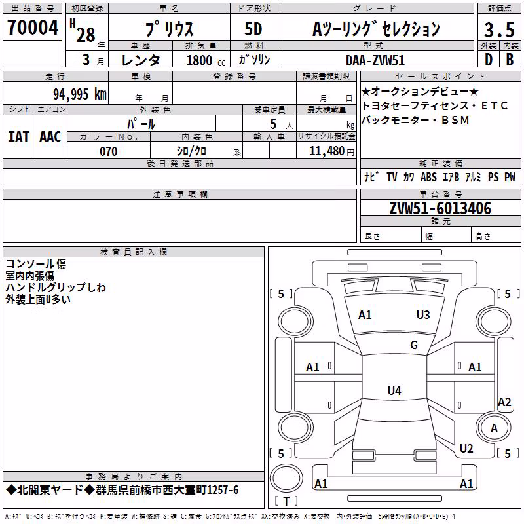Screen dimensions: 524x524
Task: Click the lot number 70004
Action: tap(33, 27)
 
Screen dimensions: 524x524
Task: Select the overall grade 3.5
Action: tap(499, 29)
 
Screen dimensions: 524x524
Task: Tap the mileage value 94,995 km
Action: tap(80, 94)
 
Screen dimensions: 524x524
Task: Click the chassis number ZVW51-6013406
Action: tap(440, 208)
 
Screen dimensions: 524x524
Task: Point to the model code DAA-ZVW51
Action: tap(375, 60)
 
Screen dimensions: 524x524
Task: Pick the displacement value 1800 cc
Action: tap(206, 60)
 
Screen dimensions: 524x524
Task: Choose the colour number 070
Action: tap(109, 151)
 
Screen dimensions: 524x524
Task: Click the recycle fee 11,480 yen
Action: tap(331, 151)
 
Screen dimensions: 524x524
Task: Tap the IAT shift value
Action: tap(19, 137)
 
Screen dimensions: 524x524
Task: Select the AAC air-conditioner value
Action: tap(50, 137)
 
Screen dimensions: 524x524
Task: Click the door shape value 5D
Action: tap(253, 29)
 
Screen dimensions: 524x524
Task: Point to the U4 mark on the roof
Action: tap(394, 390)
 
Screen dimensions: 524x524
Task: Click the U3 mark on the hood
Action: tap(423, 314)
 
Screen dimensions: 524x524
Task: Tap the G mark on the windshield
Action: tap(414, 345)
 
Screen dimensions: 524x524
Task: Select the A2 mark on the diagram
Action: tap(504, 402)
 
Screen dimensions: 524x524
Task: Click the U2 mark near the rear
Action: tap(466, 448)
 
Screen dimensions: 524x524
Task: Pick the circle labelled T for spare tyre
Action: tap(286, 478)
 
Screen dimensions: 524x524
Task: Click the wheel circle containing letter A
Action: tap(494, 428)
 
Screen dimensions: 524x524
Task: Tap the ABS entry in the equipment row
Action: tap(428, 177)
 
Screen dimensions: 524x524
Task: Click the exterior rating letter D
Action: tap(489, 60)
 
